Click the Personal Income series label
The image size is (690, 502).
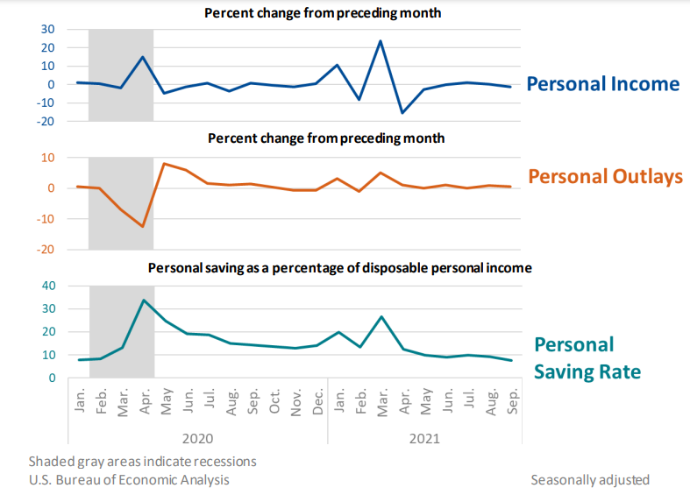pyautogui.click(x=602, y=84)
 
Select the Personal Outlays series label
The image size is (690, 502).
pyautogui.click(x=605, y=177)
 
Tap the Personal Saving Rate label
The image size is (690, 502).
pyautogui.click(x=587, y=357)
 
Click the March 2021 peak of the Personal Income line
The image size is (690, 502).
pyautogui.click(x=381, y=40)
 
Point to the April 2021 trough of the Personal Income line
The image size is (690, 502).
pyautogui.click(x=402, y=113)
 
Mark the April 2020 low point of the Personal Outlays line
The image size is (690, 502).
pyautogui.click(x=142, y=227)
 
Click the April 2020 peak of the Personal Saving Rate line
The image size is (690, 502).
pyautogui.click(x=143, y=300)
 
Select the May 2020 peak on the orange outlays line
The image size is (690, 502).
pyautogui.click(x=164, y=164)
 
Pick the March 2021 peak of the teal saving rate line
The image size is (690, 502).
pyautogui.click(x=381, y=316)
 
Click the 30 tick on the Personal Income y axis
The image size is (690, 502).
pyautogui.click(x=48, y=29)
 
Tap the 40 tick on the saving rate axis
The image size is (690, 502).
pyautogui.click(x=48, y=286)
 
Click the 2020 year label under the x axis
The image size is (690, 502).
pyautogui.click(x=197, y=436)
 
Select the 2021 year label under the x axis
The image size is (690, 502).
pyautogui.click(x=424, y=436)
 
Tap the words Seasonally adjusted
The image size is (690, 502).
pyautogui.click(x=589, y=479)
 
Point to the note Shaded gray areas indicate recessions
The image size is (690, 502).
pyautogui.click(x=142, y=461)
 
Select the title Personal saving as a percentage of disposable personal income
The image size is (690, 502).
pyautogui.click(x=339, y=267)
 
